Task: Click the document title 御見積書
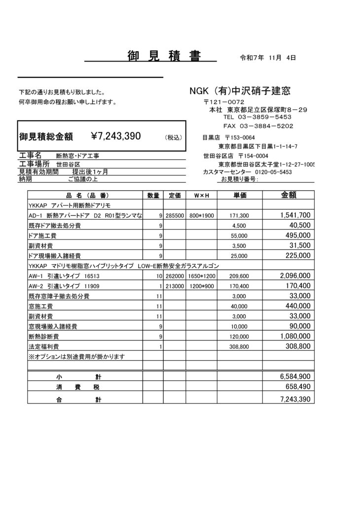164,56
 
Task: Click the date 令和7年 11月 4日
267,58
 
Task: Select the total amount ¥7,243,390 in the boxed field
116,136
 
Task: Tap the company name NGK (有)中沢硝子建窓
240,91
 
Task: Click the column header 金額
288,195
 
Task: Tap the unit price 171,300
240,216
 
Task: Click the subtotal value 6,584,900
295,376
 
